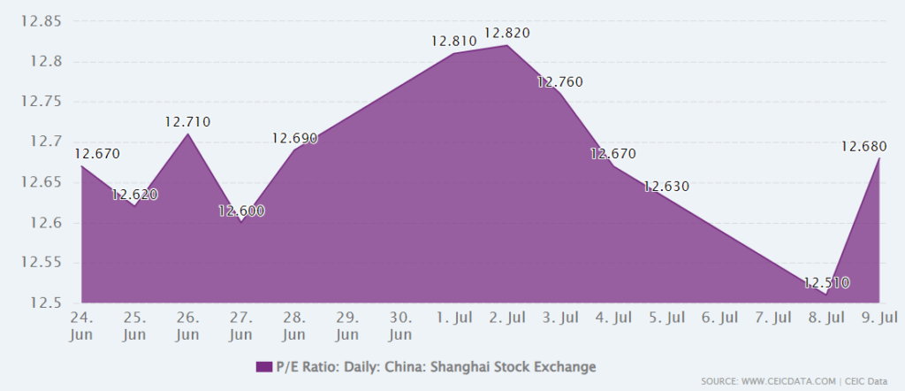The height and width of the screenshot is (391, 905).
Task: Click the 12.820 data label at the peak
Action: point(507,33)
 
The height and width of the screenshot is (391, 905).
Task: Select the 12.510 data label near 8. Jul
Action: point(826,283)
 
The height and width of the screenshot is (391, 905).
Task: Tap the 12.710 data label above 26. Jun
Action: point(187,121)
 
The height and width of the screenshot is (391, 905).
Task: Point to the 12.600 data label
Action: point(241,211)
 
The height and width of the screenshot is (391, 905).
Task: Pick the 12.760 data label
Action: point(560,81)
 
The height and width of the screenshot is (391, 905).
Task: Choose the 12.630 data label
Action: point(666,186)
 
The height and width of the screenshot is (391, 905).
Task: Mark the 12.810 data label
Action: point(454,41)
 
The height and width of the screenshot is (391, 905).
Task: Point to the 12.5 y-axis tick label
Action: point(44,303)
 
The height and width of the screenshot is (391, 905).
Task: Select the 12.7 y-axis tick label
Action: point(44,142)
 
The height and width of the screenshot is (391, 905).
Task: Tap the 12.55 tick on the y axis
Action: point(41,262)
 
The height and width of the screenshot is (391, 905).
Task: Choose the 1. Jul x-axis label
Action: point(454,318)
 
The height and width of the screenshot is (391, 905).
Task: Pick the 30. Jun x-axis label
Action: point(400,326)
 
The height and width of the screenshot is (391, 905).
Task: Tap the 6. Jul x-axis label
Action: point(719,318)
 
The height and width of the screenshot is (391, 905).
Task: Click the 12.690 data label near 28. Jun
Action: point(294,138)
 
